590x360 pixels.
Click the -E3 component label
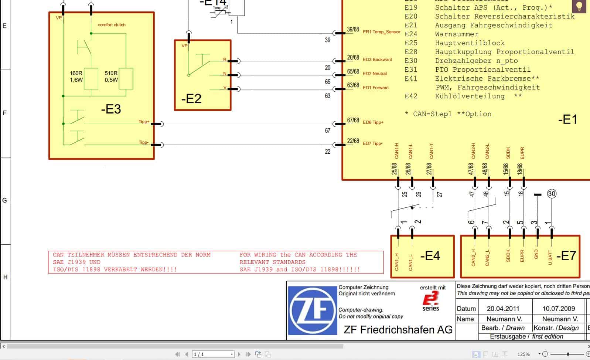click(x=111, y=109)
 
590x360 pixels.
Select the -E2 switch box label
click(x=191, y=99)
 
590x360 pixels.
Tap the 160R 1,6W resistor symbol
click(x=91, y=78)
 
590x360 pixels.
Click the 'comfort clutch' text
click(x=112, y=25)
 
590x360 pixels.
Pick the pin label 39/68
click(x=353, y=30)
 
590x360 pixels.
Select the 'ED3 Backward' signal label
click(x=377, y=60)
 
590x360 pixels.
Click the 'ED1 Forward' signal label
click(x=375, y=88)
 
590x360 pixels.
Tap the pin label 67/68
click(x=353, y=120)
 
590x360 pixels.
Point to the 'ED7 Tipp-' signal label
click(x=372, y=143)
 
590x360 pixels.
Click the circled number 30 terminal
click(x=551, y=194)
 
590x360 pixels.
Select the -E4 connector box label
click(x=430, y=255)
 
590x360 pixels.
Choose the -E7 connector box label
click(x=566, y=255)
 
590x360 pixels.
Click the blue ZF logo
click(x=313, y=311)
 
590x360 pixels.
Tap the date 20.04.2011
click(x=503, y=308)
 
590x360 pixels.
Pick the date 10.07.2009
click(x=559, y=308)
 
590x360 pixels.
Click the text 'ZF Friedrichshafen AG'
click(x=398, y=329)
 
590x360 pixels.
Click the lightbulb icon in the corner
click(x=579, y=6)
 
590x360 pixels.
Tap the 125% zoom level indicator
click(x=524, y=354)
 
